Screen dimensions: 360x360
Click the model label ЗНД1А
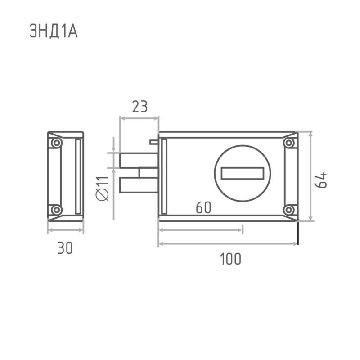point(54,31)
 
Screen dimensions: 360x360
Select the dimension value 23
point(140,107)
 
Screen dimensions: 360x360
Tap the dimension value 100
point(230,259)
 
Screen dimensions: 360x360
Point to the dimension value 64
point(320,180)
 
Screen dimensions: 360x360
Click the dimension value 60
point(203,207)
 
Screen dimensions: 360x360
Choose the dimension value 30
point(65,248)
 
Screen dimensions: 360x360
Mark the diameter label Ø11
point(102,189)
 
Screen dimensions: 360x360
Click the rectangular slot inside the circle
point(243,173)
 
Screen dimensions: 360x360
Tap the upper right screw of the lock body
point(289,143)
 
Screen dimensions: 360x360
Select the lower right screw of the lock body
point(289,210)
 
